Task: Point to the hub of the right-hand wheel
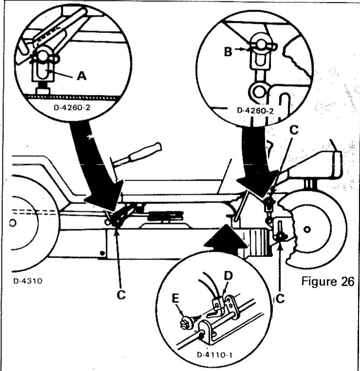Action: coord(306,228)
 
